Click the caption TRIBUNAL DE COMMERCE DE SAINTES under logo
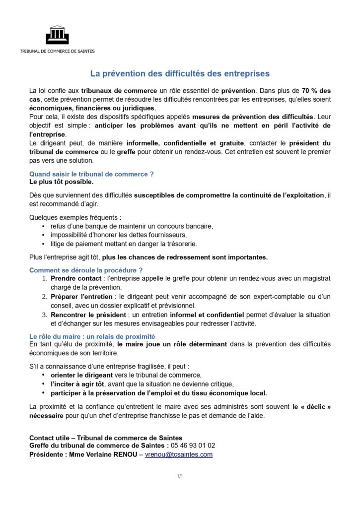[57, 51]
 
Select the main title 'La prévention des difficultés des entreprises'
[180, 74]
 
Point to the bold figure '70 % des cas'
[316, 91]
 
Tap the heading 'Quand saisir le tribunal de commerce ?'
[91, 174]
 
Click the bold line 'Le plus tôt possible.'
[61, 182]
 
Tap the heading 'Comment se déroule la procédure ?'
[86, 270]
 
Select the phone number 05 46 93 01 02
[194, 446]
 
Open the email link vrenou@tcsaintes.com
[179, 454]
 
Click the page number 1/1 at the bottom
[180, 476]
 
